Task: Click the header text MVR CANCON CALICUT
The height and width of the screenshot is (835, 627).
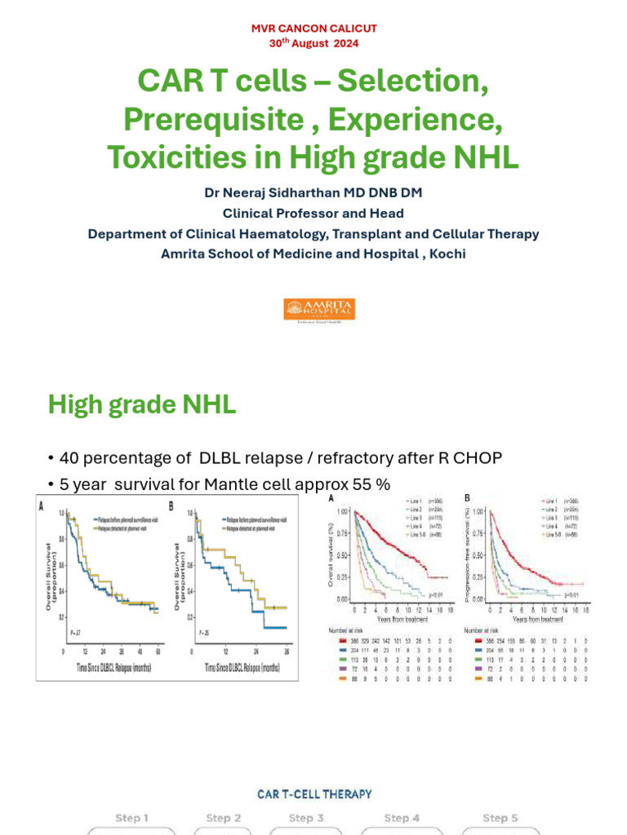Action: pos(313,29)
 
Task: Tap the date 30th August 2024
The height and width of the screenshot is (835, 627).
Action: pos(313,43)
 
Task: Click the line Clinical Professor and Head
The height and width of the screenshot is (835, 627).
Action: pos(313,214)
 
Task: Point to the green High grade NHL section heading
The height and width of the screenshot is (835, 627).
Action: pos(142,404)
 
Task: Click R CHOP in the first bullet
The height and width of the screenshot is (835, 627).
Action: pos(456,458)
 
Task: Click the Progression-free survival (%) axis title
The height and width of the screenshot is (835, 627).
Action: pos(469,555)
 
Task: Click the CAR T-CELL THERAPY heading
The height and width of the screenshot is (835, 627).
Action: pos(314,793)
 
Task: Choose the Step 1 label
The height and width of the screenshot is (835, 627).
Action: pos(131,818)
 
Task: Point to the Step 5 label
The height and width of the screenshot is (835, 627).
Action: pos(500,818)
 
